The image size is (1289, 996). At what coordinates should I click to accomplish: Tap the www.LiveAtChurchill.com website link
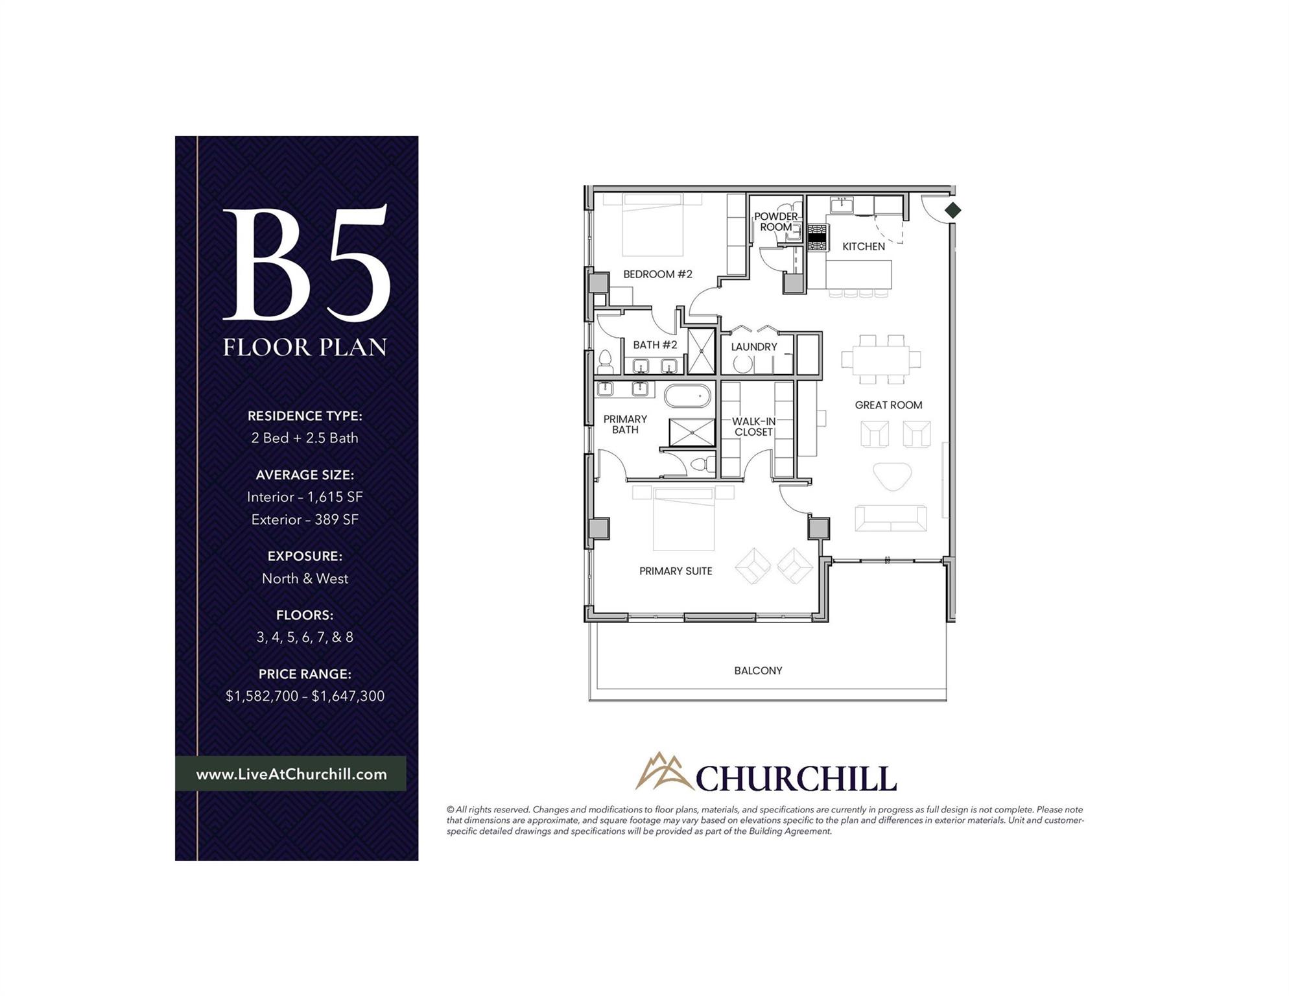click(x=291, y=774)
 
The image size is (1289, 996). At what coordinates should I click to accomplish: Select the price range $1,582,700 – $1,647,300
click(x=305, y=696)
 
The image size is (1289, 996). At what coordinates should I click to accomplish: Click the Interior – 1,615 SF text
click(x=305, y=497)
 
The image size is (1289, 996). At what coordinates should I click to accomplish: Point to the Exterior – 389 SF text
click(x=305, y=519)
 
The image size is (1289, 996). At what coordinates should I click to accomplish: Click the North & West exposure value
click(x=305, y=578)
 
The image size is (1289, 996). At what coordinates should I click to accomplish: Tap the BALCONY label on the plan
click(x=758, y=670)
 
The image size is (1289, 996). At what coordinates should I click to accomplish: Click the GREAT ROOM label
click(x=888, y=405)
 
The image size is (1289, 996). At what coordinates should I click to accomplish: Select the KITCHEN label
click(x=863, y=246)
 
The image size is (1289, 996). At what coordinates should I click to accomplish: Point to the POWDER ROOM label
click(x=775, y=222)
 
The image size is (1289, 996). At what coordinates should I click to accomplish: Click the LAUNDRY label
click(x=753, y=347)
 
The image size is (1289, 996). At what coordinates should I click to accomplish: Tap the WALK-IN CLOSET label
click(x=753, y=427)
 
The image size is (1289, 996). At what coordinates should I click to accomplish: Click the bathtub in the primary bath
click(x=687, y=396)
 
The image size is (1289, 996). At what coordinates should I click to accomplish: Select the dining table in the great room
click(x=881, y=359)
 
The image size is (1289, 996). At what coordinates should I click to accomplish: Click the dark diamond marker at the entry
click(x=952, y=210)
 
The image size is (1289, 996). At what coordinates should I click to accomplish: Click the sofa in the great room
click(x=890, y=518)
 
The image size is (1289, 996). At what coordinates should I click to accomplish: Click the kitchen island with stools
click(x=858, y=274)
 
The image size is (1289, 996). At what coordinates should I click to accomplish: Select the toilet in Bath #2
click(x=606, y=362)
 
